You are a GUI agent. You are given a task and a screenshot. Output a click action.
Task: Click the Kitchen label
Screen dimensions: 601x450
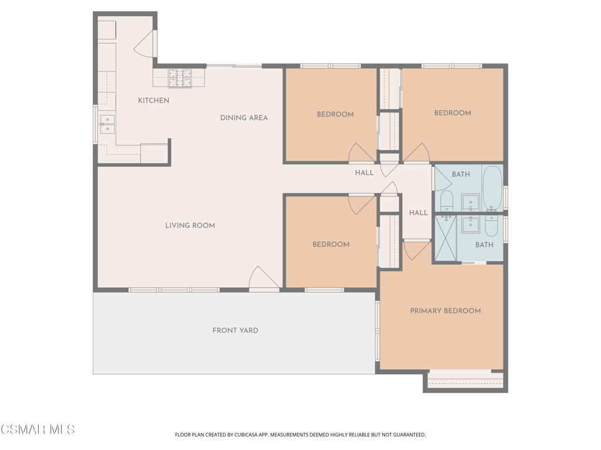[x=154, y=101]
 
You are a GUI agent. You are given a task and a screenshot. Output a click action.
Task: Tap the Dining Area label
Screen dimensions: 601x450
[x=244, y=118]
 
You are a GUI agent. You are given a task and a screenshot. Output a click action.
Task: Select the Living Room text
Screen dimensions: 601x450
[x=190, y=226]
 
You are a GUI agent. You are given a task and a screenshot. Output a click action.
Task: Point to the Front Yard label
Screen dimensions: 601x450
[x=235, y=330]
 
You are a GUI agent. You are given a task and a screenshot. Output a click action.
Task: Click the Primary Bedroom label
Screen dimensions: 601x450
[x=445, y=311]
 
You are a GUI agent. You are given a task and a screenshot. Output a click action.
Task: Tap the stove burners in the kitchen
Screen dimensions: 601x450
[x=180, y=78]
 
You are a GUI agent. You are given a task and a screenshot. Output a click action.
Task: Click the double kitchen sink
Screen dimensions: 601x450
[x=107, y=124]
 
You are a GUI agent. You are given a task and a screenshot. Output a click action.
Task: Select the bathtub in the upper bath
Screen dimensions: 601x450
[x=492, y=188]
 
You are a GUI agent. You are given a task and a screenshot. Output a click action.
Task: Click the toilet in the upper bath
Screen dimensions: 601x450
[x=447, y=202]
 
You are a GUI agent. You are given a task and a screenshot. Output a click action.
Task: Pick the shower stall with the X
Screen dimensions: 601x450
[x=446, y=238]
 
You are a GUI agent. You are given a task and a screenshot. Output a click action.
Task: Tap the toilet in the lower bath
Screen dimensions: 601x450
[x=491, y=226]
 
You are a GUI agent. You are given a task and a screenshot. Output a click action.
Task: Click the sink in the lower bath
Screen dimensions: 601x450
[x=471, y=224]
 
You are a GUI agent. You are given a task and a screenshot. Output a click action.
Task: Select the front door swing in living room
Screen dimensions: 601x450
[x=264, y=277]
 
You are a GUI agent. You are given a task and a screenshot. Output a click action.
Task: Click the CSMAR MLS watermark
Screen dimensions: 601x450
[x=38, y=429]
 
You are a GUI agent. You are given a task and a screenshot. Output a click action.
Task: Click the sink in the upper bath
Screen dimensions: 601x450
[x=470, y=202]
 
